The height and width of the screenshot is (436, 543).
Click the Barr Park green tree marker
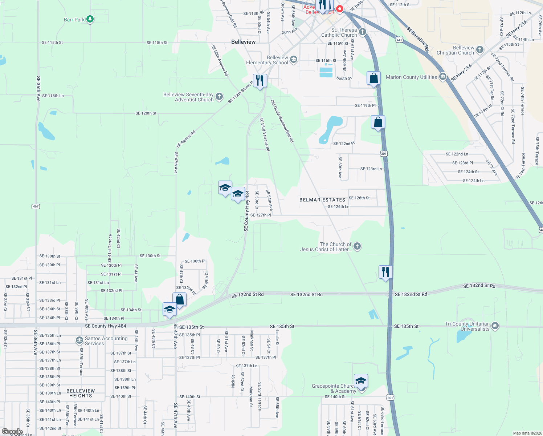90,19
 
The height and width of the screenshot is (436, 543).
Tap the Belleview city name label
243,42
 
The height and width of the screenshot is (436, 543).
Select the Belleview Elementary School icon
293,59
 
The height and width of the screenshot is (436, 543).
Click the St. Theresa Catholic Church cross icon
363,32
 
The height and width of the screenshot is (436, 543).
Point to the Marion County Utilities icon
442,77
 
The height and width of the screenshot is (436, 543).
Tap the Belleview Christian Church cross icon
480,49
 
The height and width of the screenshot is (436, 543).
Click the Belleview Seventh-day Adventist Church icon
219,97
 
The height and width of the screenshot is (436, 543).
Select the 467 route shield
36,206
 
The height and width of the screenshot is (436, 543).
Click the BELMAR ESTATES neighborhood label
322,200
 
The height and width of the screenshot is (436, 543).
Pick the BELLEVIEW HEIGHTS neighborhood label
81,393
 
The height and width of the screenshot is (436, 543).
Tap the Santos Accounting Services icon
79,340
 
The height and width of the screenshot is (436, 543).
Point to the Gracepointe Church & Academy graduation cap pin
361,381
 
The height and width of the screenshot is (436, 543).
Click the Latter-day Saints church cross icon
357,247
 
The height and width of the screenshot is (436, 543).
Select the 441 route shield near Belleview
399,40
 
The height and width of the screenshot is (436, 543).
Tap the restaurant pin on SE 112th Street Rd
260,80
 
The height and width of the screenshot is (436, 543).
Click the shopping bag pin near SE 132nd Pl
179,299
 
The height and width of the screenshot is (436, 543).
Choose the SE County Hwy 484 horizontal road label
106,326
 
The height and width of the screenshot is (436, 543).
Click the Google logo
12,432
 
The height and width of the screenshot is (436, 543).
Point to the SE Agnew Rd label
186,139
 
